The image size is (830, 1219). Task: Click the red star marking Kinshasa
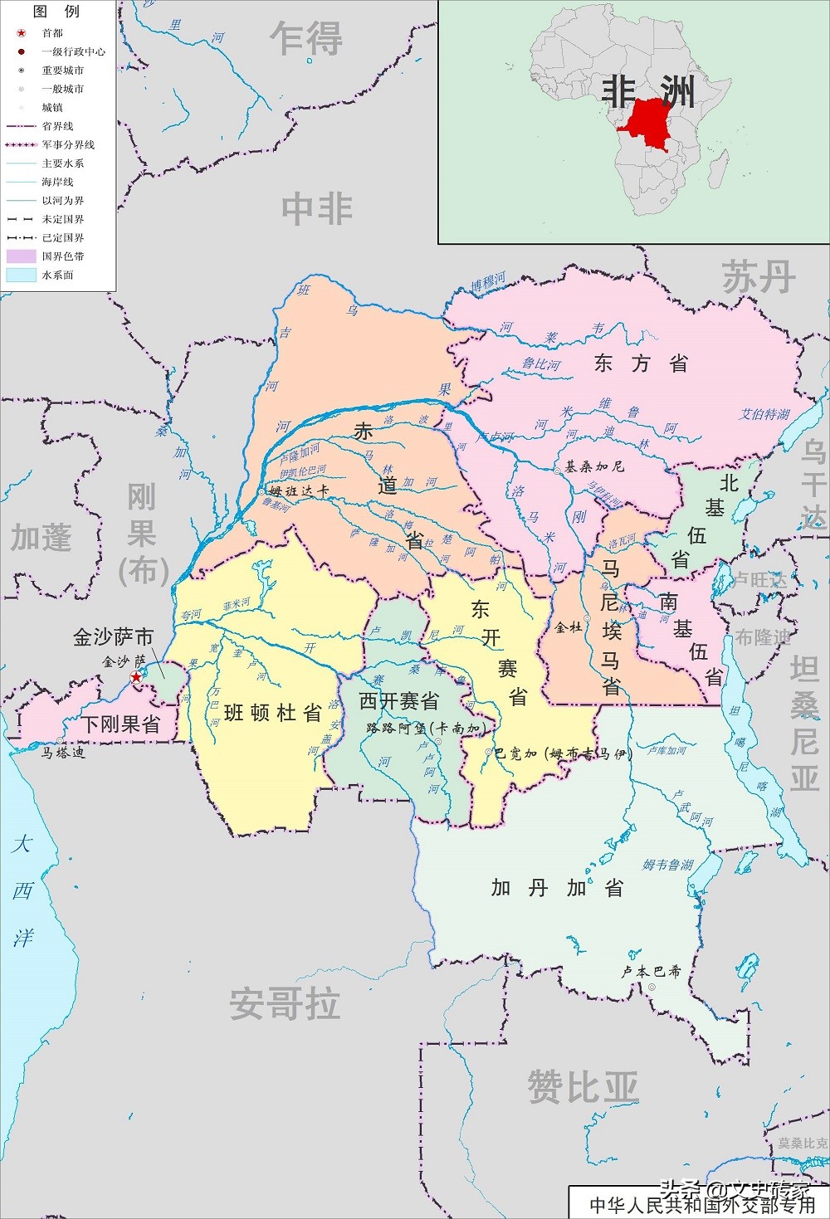136,677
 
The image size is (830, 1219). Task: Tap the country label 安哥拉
285,1004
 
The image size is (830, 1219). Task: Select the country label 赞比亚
583,1087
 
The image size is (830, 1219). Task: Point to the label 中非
317,209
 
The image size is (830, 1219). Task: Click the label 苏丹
759,276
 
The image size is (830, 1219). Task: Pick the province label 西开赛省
398,701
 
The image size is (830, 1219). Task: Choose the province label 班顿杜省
273,712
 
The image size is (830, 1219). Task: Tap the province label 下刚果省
120,724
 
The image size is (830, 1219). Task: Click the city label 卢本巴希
652,971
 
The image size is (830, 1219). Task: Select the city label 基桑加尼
594,466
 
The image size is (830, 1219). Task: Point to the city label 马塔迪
64,753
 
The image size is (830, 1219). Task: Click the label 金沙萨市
113,637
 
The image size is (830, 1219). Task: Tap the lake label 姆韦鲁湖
668,865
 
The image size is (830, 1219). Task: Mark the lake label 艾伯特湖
764,414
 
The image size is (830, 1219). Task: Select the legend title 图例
56,12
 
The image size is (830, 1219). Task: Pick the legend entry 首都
51,33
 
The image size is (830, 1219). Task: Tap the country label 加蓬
41,538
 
